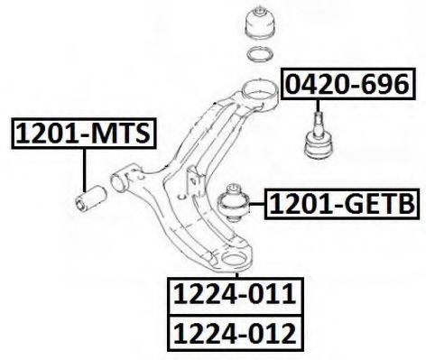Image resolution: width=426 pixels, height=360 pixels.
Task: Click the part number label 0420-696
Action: point(347,84)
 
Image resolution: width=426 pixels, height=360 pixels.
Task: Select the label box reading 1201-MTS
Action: point(84,134)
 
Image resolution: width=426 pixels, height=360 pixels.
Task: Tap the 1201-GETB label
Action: point(342,204)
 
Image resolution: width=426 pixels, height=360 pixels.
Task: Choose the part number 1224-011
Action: point(236,296)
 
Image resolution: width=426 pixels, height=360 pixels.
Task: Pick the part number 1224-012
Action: point(236,333)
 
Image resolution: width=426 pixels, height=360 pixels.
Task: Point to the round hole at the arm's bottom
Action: point(234,258)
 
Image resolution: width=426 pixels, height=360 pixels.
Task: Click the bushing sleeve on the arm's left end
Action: point(121,180)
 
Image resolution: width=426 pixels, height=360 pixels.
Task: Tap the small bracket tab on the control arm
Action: point(193,181)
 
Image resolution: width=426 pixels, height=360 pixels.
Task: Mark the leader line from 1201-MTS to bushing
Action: point(85,171)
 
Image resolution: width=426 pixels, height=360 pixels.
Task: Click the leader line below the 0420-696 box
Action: point(318,106)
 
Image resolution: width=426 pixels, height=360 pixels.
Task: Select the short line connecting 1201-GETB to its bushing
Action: point(257,204)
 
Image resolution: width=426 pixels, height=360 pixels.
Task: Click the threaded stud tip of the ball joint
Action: point(318,115)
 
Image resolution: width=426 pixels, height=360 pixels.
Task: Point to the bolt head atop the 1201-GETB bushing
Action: point(234,189)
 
